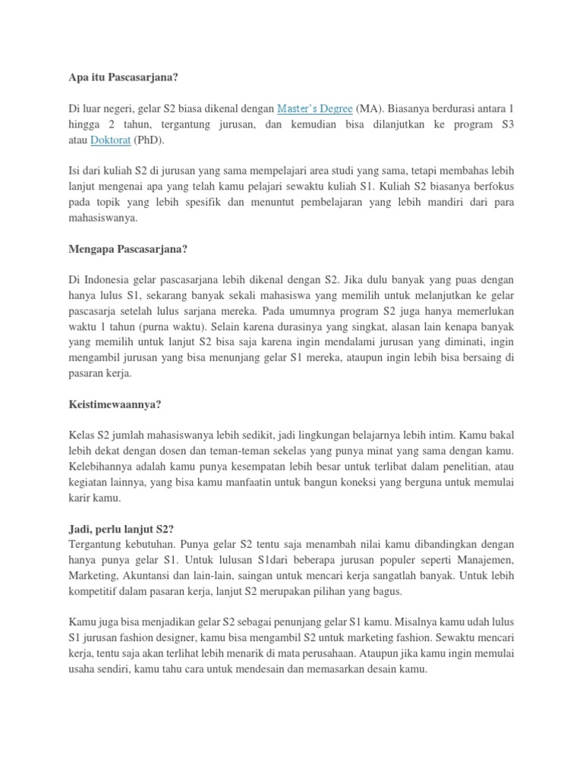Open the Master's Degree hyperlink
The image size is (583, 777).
[314, 109]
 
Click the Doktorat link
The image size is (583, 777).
[111, 140]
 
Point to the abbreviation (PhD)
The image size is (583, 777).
[149, 140]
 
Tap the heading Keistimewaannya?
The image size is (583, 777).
[115, 404]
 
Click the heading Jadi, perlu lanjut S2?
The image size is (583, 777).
[120, 529]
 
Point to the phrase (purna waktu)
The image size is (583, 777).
[155, 326]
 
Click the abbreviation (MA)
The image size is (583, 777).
[370, 109]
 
